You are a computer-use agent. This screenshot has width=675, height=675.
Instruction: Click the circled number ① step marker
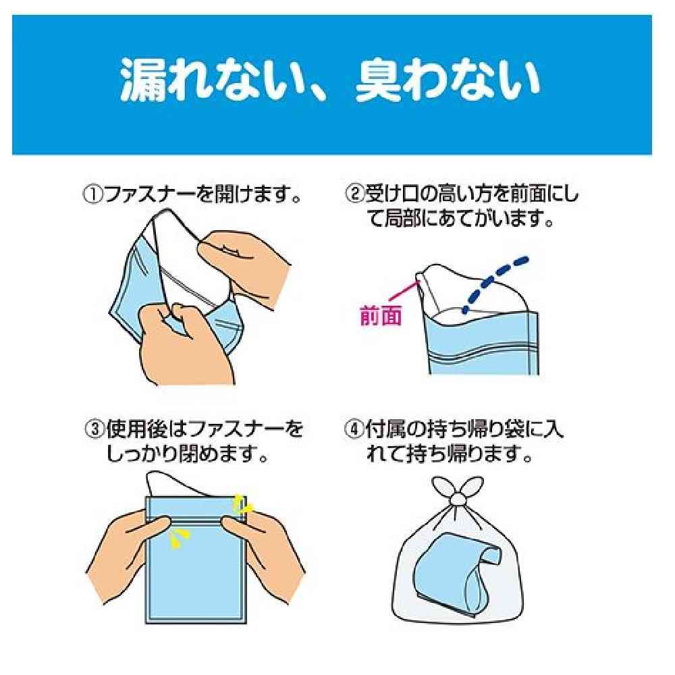point(92,195)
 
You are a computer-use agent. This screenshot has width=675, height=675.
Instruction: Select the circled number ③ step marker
point(95,429)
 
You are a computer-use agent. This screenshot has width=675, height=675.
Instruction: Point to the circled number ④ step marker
point(354,429)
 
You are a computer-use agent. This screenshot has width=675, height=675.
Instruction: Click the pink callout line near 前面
point(404,290)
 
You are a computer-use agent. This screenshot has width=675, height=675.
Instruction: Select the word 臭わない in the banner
point(448,80)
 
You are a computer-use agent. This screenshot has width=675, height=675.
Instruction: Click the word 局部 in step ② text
point(400,219)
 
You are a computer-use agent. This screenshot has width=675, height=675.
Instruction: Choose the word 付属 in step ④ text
point(384,429)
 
